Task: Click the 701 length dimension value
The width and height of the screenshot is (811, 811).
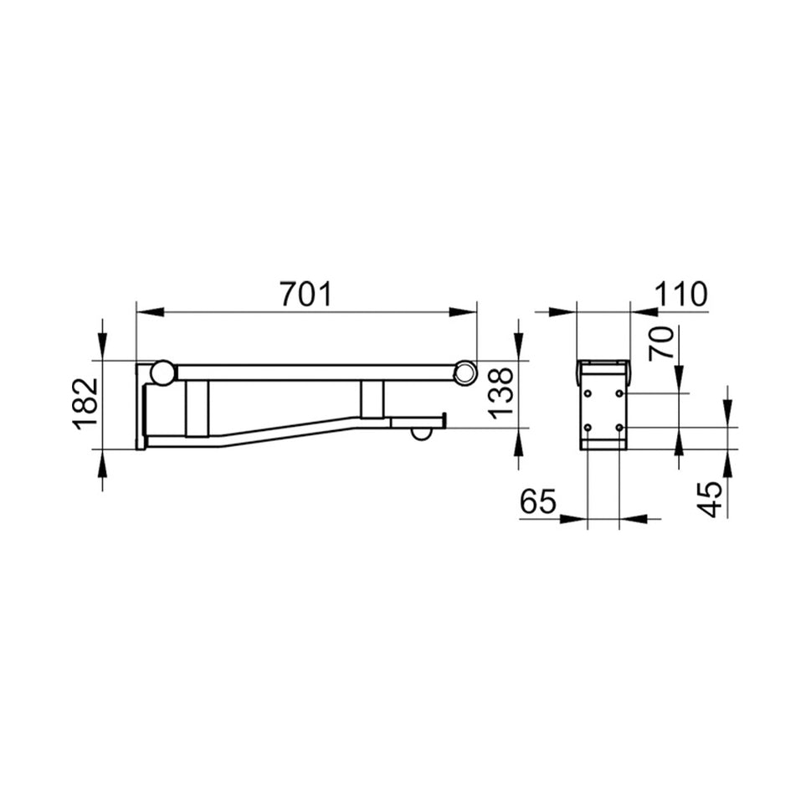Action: [305, 294]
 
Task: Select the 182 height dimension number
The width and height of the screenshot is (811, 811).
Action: [86, 403]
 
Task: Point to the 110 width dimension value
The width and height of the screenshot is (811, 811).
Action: [680, 294]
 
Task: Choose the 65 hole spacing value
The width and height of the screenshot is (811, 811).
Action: [538, 501]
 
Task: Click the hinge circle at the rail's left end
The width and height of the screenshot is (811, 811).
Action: [162, 372]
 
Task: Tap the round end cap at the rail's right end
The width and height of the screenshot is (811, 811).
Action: [465, 372]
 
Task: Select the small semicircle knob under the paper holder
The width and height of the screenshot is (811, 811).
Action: [421, 433]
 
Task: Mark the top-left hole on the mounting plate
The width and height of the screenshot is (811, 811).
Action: [588, 393]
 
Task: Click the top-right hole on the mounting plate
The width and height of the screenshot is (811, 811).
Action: [619, 393]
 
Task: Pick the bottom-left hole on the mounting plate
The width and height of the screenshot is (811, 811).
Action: [588, 428]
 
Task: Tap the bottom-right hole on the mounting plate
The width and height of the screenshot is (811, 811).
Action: [619, 428]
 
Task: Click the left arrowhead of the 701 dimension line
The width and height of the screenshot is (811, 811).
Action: [149, 312]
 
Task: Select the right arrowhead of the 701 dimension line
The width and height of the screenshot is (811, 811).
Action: [463, 312]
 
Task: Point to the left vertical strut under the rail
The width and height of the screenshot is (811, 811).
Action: [198, 408]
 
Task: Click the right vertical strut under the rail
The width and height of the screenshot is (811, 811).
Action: [372, 399]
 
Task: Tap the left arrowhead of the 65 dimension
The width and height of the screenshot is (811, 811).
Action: [573, 519]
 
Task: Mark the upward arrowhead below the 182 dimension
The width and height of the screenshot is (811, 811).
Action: [102, 463]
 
